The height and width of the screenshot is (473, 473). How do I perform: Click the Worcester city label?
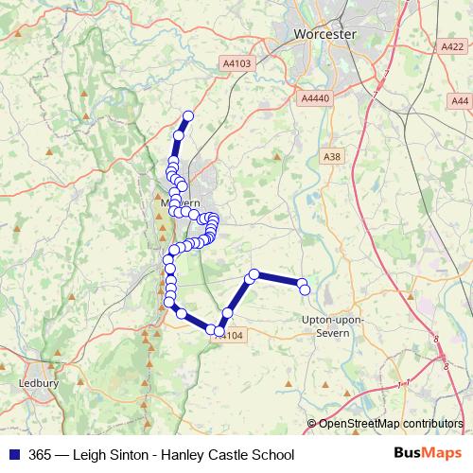point(324,33)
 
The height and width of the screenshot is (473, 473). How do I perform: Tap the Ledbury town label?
point(39,383)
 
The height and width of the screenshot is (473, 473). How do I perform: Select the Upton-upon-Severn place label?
point(331,325)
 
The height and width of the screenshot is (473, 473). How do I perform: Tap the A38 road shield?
point(331,156)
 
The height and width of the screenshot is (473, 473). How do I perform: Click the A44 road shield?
point(460,100)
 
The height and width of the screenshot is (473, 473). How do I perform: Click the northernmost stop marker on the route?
point(187,116)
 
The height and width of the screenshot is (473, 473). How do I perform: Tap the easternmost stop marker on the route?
point(306,289)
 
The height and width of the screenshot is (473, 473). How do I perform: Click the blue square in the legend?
point(12,454)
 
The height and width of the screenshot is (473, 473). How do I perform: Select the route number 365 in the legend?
point(41,454)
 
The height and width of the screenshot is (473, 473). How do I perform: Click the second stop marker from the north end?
point(178,136)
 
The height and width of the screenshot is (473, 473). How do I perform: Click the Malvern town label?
point(180,203)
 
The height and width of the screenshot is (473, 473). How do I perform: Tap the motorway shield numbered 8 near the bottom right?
point(436,339)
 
